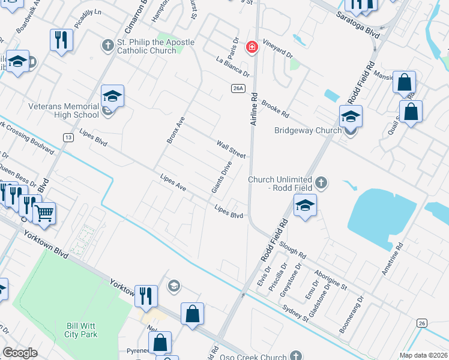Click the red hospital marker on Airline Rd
[252, 46]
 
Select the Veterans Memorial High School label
[64, 110]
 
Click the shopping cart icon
[44, 212]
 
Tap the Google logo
[20, 353]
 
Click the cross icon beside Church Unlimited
[321, 183]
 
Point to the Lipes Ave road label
[173, 184]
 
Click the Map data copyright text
[424, 355]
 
